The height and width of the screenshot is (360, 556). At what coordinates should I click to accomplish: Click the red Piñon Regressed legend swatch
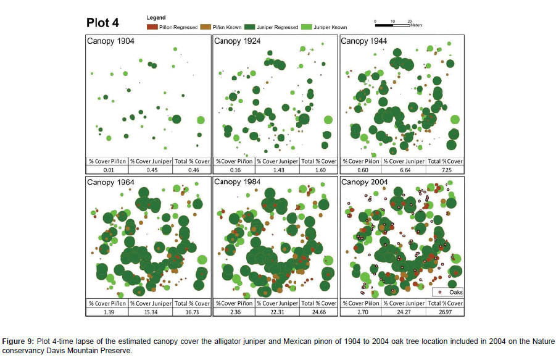click(x=152, y=27)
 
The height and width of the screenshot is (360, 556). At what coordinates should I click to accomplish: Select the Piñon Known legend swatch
click(x=208, y=27)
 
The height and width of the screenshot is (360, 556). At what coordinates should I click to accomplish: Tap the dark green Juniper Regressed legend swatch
click(x=250, y=27)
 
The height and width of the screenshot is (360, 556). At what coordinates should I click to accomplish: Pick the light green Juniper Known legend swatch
click(x=305, y=27)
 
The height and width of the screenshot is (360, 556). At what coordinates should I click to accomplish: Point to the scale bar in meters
click(x=392, y=24)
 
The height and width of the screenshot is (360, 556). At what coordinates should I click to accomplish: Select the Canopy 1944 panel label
click(x=364, y=41)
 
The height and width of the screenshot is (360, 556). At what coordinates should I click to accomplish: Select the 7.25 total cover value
click(x=445, y=169)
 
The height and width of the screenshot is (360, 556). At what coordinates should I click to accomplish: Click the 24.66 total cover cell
click(x=319, y=312)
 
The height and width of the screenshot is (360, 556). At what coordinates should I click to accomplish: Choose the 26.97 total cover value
click(x=445, y=312)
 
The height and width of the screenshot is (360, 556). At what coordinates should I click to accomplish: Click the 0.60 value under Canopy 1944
click(x=361, y=169)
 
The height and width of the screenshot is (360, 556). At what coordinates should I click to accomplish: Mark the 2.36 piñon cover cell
click(x=234, y=312)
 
